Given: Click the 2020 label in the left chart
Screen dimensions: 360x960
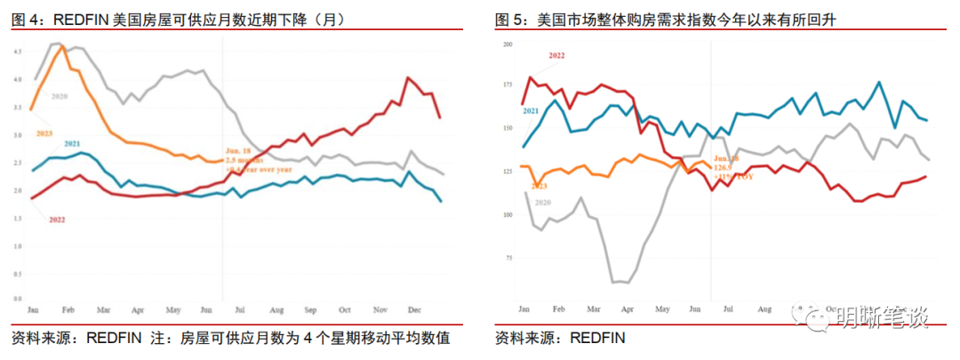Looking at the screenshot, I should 60,95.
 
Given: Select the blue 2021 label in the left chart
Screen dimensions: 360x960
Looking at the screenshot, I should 72,143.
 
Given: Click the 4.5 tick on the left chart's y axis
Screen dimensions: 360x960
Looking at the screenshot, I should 18,52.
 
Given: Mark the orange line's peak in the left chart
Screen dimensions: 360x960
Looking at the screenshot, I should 62,46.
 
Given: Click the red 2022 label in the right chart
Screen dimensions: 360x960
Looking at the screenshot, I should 556,55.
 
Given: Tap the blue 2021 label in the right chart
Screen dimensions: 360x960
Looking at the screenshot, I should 531,110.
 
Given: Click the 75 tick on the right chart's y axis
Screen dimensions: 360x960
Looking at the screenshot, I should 508,258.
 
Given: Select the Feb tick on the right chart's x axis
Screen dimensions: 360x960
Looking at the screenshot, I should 558,308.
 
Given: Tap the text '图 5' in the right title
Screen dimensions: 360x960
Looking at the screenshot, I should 509,19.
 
